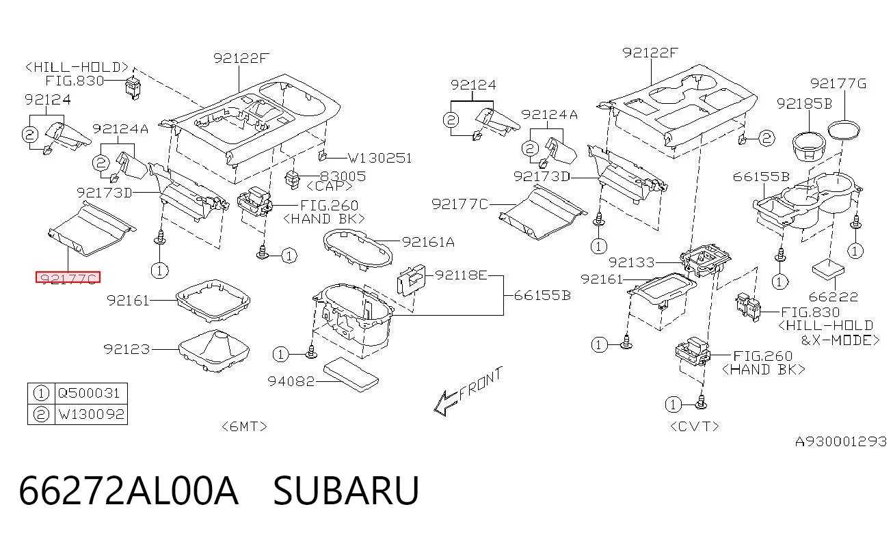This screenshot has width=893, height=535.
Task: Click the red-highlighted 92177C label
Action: [68, 277]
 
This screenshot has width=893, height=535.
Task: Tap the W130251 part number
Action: [379, 158]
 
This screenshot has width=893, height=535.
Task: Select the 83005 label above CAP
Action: [343, 176]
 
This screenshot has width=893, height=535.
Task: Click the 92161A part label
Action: [428, 242]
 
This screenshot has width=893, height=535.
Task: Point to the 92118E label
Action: [461, 275]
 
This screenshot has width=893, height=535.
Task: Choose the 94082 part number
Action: [291, 381]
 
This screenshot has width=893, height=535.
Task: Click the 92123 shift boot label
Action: [126, 349]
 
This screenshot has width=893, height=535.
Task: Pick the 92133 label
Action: [632, 262]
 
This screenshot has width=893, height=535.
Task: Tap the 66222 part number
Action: [834, 297]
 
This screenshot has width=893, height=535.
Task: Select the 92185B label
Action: [805, 104]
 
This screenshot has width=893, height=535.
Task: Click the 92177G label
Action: [838, 83]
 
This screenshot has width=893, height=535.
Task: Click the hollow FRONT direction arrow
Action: [445, 403]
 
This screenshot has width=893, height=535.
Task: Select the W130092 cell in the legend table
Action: [92, 414]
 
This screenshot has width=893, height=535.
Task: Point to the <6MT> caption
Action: [244, 426]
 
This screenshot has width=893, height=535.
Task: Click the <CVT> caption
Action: [695, 426]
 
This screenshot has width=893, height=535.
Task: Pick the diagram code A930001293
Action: [841, 441]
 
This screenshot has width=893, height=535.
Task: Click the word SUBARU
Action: [345, 491]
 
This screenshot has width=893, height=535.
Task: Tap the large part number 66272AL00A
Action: [129, 491]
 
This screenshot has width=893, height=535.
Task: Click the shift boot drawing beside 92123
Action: [214, 351]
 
